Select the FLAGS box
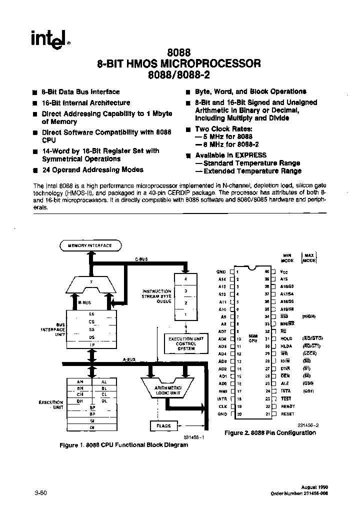(163, 426)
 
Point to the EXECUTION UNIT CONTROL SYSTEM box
(185, 343)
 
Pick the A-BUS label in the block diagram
(128, 359)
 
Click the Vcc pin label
(284, 271)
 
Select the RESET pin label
(287, 414)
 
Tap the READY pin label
(288, 407)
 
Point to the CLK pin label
(222, 407)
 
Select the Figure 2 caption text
(270, 433)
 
